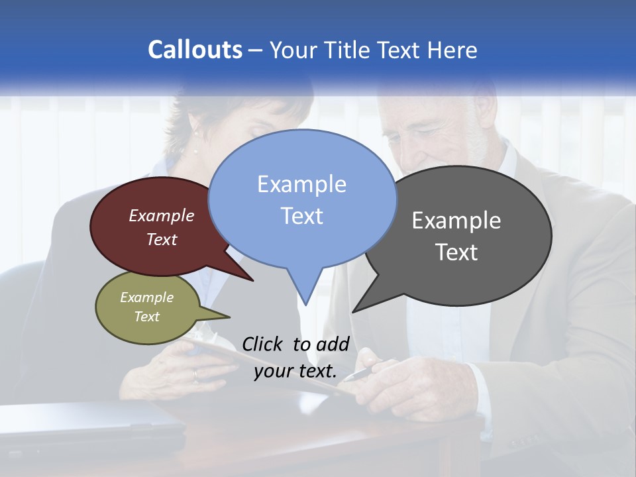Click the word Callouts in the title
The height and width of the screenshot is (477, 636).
click(195, 50)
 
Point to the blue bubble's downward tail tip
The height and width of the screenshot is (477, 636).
click(305, 304)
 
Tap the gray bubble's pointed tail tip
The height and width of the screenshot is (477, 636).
click(353, 311)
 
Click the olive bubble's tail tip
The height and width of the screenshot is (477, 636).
click(229, 317)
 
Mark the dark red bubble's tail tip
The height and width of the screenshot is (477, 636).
click(253, 281)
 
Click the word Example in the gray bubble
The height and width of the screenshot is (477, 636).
click(456, 221)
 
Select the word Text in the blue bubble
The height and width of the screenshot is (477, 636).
click(302, 216)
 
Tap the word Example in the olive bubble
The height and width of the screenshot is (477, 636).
click(146, 297)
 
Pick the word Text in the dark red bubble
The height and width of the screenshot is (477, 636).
click(162, 240)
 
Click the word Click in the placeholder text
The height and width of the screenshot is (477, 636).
click(263, 344)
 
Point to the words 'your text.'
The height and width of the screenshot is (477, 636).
click(295, 372)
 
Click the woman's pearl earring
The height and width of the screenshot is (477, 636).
click(195, 150)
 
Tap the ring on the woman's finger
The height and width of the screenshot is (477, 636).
click(195, 375)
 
